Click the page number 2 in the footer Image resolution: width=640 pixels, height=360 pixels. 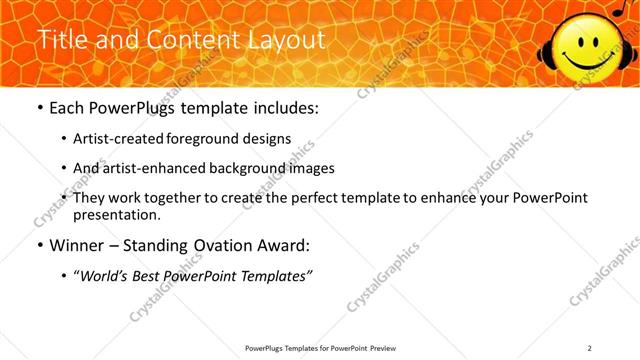click(x=590, y=347)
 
